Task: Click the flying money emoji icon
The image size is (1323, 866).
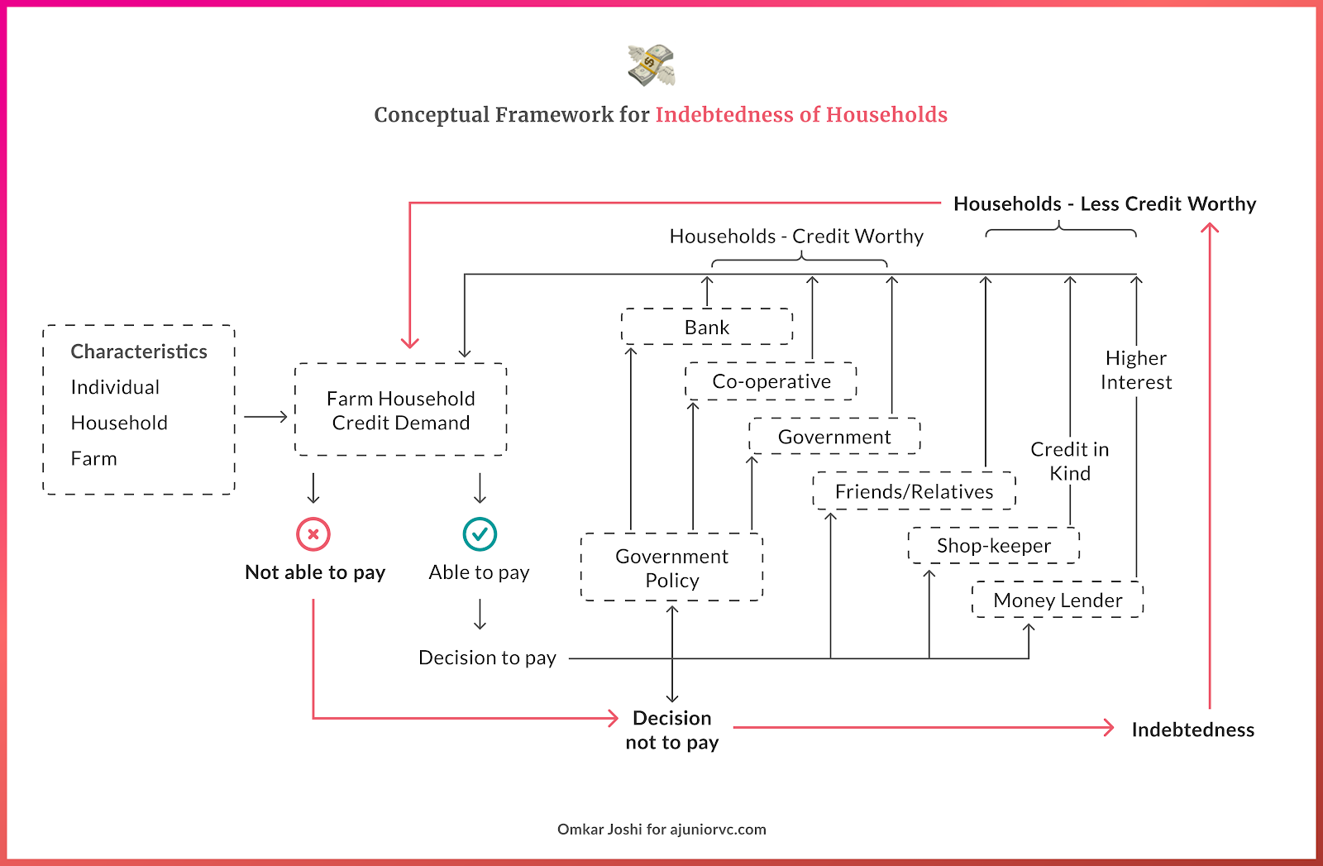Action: pyautogui.click(x=652, y=65)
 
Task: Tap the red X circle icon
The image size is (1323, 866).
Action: pyautogui.click(x=313, y=534)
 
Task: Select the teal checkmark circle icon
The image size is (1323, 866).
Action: pyautogui.click(x=480, y=534)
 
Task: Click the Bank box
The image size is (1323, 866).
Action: pyautogui.click(x=707, y=327)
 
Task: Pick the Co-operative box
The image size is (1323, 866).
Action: pyautogui.click(x=771, y=381)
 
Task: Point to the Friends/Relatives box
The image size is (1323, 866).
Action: pyautogui.click(x=914, y=491)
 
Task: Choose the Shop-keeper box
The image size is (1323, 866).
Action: pyautogui.click(x=994, y=546)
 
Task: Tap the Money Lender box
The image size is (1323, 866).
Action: pyautogui.click(x=1058, y=600)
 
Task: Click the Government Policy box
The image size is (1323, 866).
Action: pyautogui.click(x=671, y=567)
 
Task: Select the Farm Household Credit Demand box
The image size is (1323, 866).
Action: pyautogui.click(x=400, y=410)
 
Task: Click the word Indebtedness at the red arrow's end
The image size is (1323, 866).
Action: pyautogui.click(x=1192, y=730)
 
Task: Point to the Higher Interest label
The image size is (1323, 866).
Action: pyautogui.click(x=1136, y=370)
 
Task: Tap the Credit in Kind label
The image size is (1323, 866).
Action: pyautogui.click(x=1070, y=461)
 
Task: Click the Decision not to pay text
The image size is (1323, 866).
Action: pyautogui.click(x=671, y=730)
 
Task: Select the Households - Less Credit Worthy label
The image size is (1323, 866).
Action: pyautogui.click(x=1105, y=203)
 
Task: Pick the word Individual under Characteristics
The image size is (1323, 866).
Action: pyautogui.click(x=115, y=387)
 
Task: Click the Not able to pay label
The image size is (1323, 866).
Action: pyautogui.click(x=315, y=572)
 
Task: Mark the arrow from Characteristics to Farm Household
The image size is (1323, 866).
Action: pyautogui.click(x=265, y=417)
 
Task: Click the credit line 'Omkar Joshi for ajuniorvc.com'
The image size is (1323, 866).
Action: pyautogui.click(x=661, y=829)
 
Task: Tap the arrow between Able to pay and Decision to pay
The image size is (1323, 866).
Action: pyautogui.click(x=480, y=615)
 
